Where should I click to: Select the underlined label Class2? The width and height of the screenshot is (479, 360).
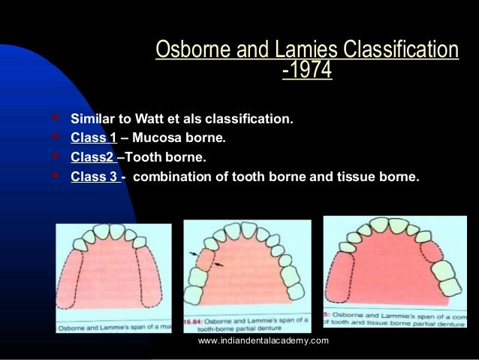click(92, 158)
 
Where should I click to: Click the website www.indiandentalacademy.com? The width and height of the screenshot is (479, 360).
click(264, 342)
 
